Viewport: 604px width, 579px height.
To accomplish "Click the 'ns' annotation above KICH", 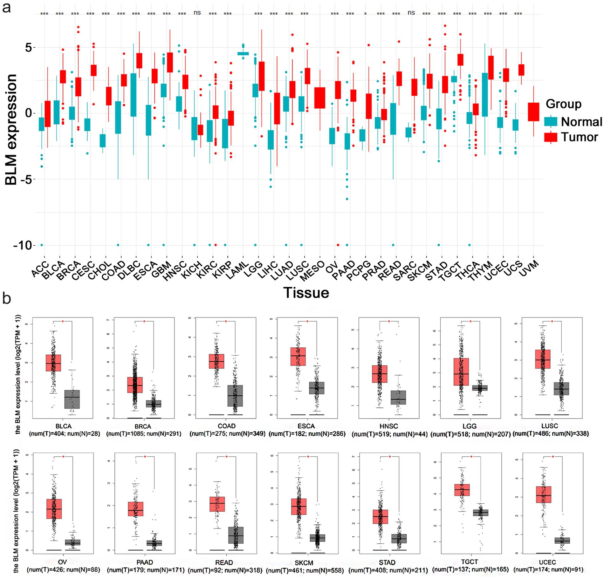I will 197,13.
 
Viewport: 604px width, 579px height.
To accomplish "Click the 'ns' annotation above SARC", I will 411,13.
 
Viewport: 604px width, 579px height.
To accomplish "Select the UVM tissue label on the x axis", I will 530,269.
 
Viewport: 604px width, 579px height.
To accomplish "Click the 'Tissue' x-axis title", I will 306,292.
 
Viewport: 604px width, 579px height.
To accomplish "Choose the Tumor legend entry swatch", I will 551,137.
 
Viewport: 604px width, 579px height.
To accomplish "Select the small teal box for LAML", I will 243,54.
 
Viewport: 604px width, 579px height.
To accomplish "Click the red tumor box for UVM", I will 534,112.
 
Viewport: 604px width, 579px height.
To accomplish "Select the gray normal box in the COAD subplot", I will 235,396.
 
